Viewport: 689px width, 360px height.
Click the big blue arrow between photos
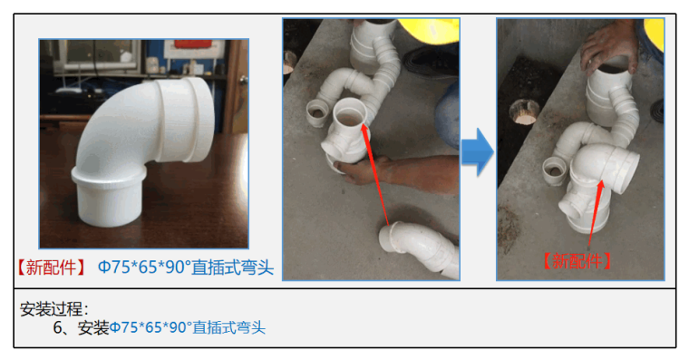click(477, 152)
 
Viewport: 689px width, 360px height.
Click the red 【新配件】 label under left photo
click(51, 268)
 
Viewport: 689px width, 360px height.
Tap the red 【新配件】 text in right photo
click(577, 261)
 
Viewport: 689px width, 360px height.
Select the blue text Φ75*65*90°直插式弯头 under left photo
click(186, 268)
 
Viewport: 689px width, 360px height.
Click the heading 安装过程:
click(54, 309)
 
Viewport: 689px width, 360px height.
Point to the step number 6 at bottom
click(58, 327)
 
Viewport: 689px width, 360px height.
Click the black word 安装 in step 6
click(93, 327)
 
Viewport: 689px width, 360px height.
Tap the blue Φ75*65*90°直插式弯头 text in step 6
click(187, 327)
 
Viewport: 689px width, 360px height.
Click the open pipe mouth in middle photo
click(350, 113)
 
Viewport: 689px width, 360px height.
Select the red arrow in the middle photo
click(374, 174)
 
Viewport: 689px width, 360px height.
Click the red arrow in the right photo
click(597, 212)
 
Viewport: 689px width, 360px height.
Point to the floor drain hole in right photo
click(525, 112)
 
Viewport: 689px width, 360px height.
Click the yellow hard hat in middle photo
click(431, 30)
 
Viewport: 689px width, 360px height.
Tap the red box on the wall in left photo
click(193, 44)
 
